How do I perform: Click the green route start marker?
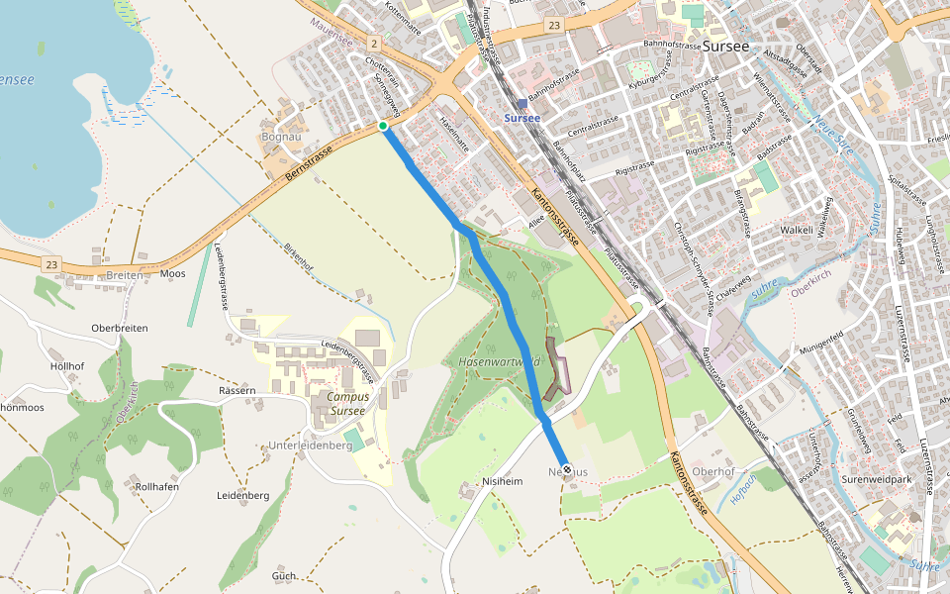coord(383,126)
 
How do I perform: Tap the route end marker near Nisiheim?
coord(566,469)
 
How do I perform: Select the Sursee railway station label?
coord(522,117)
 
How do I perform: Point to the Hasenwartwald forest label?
coord(500,362)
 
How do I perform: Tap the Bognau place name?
coord(280,136)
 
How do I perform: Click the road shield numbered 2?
coord(373,44)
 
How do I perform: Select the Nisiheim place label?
coord(502,482)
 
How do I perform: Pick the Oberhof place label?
coord(713,471)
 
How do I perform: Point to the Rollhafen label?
coord(157,487)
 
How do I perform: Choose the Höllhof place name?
coord(67,365)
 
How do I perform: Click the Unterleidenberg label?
coord(311,446)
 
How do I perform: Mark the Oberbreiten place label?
coord(119,329)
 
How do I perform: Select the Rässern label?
coord(237,391)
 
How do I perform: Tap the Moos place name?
coord(173,274)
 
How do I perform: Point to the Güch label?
coord(284,575)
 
